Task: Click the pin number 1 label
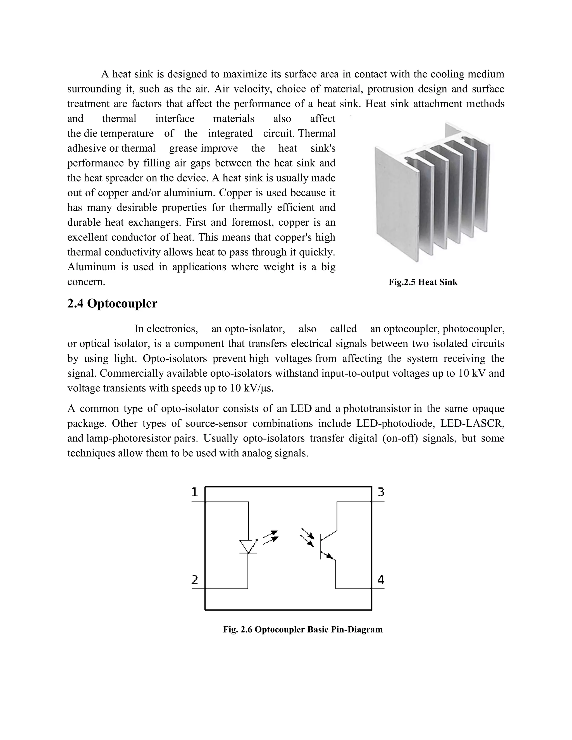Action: tap(194, 492)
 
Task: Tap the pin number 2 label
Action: tap(194, 580)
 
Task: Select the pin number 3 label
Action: tap(381, 492)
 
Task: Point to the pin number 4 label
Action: tap(381, 580)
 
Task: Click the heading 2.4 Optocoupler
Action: tap(112, 304)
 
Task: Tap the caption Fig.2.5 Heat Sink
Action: tap(423, 282)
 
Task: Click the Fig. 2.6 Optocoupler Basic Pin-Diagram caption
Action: tap(302, 629)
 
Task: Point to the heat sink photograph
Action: tap(432, 193)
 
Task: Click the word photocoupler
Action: tap(473, 329)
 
